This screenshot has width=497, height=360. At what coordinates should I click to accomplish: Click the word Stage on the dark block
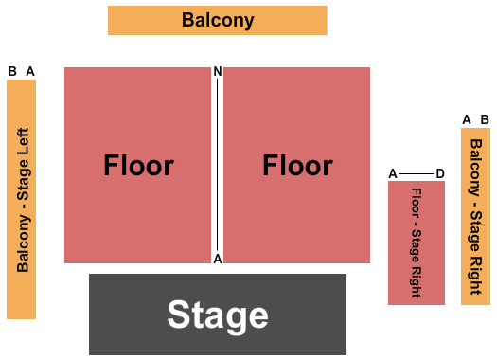click(x=218, y=315)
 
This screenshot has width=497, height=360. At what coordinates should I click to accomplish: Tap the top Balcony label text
click(x=218, y=20)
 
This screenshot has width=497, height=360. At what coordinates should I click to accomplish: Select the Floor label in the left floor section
click(x=138, y=166)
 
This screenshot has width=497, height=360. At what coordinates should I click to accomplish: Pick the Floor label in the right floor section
click(x=297, y=166)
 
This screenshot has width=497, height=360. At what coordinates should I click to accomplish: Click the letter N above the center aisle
click(x=218, y=72)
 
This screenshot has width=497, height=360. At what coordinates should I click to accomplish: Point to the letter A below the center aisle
click(x=218, y=259)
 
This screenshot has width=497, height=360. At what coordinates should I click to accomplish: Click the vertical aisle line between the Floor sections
click(x=219, y=166)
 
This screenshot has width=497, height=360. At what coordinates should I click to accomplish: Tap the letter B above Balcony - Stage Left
click(x=12, y=71)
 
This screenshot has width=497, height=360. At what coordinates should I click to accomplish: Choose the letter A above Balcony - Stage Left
click(x=30, y=71)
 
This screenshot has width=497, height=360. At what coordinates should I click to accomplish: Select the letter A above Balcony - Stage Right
click(x=467, y=119)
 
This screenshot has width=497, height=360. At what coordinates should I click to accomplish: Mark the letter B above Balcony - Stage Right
click(x=485, y=119)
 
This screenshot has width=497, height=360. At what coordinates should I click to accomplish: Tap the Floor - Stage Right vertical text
click(x=417, y=243)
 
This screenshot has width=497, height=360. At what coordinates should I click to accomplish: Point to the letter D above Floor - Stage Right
click(x=440, y=173)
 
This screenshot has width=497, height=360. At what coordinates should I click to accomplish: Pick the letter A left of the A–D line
click(x=393, y=173)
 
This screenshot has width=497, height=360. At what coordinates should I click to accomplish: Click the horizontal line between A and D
click(x=417, y=173)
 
